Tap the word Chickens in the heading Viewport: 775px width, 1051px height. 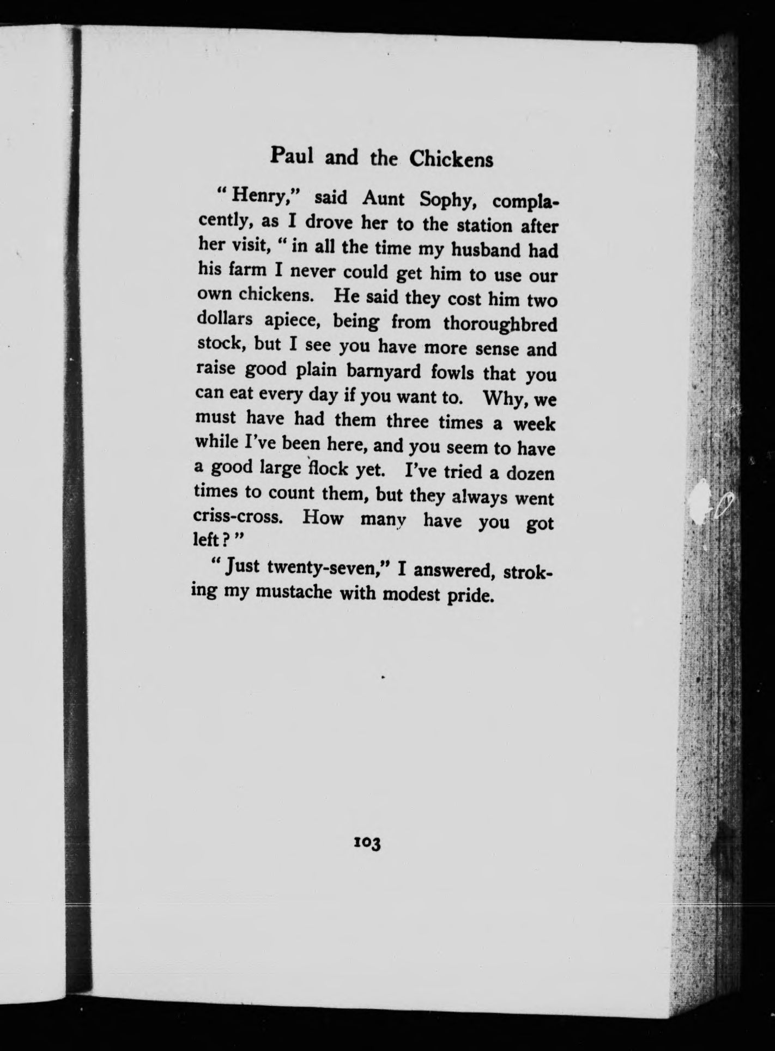tap(451, 159)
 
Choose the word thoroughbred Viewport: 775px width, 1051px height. tap(500, 324)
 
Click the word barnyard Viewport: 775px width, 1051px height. tap(384, 371)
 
